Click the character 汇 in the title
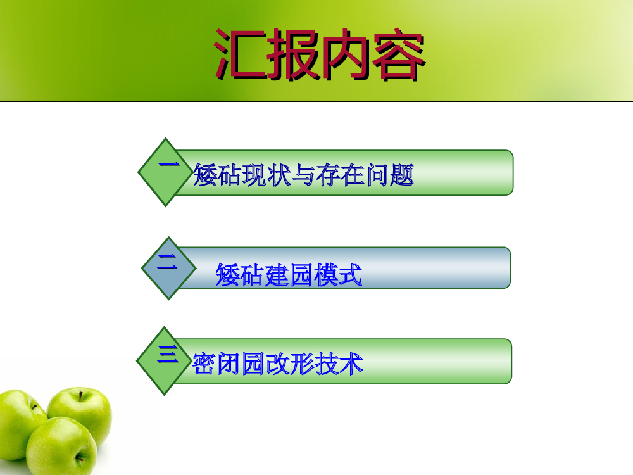[241, 54]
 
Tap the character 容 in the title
[398, 54]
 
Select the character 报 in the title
[294, 54]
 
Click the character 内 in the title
[346, 54]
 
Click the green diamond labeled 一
[165, 172]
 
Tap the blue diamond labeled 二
[169, 268]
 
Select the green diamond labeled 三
[165, 361]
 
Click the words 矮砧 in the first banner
[218, 175]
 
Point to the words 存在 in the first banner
[341, 175]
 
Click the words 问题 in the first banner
[390, 175]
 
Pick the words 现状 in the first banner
[267, 175]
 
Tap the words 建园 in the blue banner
[289, 275]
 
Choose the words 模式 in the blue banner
[337, 275]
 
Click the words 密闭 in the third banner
[216, 364]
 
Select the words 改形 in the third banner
[290, 364]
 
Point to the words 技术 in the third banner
[339, 364]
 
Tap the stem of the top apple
[81, 395]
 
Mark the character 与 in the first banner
[304, 175]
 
